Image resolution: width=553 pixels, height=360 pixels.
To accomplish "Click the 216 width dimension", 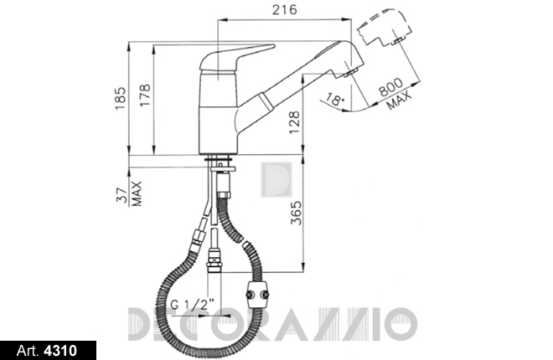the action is pyautogui.click(x=284, y=9).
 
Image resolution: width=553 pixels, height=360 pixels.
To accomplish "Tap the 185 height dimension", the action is pyautogui.click(x=121, y=98).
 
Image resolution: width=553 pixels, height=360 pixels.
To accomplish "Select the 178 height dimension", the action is pyautogui.click(x=145, y=95).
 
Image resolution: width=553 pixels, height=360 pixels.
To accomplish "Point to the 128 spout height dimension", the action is pyautogui.click(x=294, y=122).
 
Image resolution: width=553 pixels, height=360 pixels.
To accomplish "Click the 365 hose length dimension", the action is pyautogui.click(x=296, y=213).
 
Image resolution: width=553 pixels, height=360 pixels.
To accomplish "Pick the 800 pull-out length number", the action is pyautogui.click(x=390, y=87).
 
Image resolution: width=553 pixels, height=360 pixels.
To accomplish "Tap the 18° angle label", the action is pyautogui.click(x=333, y=99).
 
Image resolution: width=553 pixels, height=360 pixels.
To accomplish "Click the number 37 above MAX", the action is pyautogui.click(x=122, y=195).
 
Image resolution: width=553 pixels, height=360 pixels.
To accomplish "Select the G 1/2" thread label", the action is pyautogui.click(x=193, y=304).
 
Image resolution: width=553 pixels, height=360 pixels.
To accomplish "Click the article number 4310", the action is pyautogui.click(x=60, y=351).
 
